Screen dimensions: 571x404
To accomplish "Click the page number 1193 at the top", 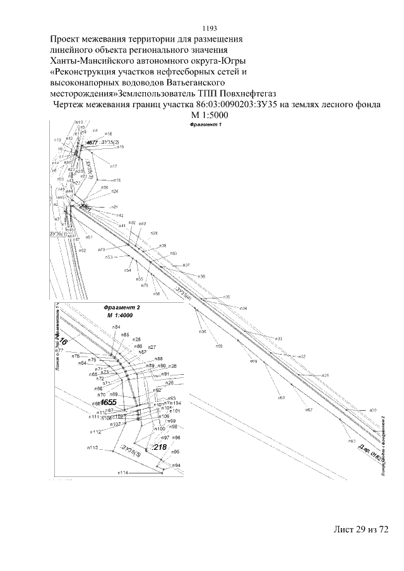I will [x=208, y=28].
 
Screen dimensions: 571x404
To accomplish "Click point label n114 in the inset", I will [x=122, y=472].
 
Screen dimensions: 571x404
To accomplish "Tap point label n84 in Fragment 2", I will [x=116, y=326].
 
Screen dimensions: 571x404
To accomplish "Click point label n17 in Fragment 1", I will [x=114, y=167].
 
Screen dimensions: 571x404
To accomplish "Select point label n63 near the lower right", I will [x=352, y=441].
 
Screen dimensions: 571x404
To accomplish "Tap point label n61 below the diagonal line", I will [x=281, y=398].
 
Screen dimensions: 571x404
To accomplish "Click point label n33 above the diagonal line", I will [x=277, y=339].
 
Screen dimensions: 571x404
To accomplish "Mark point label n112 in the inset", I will [x=95, y=432].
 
